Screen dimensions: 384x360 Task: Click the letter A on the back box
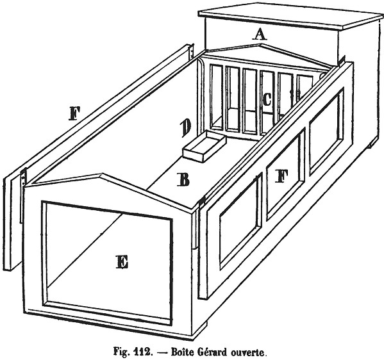pyautogui.click(x=260, y=34)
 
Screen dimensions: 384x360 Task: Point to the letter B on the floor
pyautogui.click(x=183, y=180)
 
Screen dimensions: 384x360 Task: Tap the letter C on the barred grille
pyautogui.click(x=267, y=100)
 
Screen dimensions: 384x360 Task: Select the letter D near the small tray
pyautogui.click(x=186, y=128)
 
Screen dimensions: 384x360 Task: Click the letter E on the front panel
pyautogui.click(x=122, y=262)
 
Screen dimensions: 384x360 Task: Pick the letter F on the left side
pyautogui.click(x=75, y=113)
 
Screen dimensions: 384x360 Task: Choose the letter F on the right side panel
pyautogui.click(x=281, y=176)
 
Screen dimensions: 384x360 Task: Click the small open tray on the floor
pyautogui.click(x=204, y=146)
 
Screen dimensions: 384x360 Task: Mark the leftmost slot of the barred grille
pyautogui.click(x=216, y=96)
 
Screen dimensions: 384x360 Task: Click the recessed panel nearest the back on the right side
pyautogui.click(x=326, y=131)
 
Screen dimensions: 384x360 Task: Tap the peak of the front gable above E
pyautogui.click(x=99, y=174)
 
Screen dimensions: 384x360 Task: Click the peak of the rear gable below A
pyautogui.click(x=262, y=44)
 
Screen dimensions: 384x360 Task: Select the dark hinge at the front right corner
pyautogui.click(x=203, y=201)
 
